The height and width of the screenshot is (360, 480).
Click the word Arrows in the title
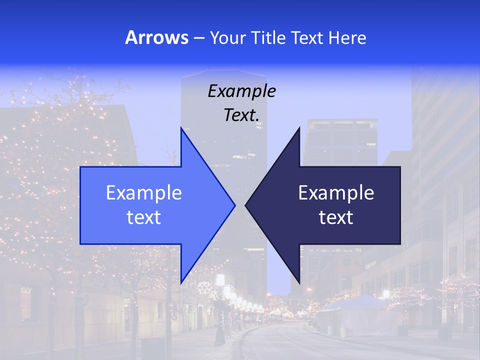coord(156,37)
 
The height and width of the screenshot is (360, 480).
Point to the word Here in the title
coord(347,37)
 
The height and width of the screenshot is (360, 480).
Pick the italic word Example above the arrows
coord(241,91)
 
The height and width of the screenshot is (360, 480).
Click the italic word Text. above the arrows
coord(241,115)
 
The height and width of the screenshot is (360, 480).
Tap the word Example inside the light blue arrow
coord(144,192)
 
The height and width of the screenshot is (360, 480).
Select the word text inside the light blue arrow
coord(144,217)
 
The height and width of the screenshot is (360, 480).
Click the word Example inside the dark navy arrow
coord(336,192)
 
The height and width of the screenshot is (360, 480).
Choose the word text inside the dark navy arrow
coord(336,217)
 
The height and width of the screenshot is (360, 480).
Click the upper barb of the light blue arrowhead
coord(182,131)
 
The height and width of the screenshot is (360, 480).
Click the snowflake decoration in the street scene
coord(203,287)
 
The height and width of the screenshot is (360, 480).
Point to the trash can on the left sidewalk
coord(150,347)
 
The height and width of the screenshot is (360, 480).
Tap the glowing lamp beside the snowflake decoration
coord(220,279)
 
